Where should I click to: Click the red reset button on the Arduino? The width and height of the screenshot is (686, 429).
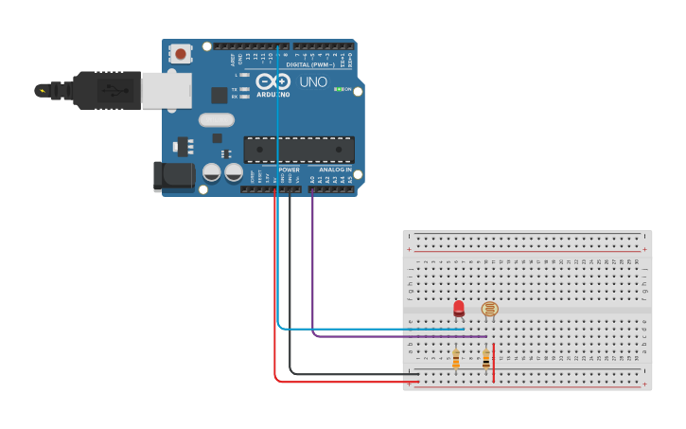[181, 54]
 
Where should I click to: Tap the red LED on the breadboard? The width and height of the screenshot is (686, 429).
[459, 308]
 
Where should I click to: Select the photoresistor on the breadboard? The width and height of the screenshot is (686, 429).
[489, 309]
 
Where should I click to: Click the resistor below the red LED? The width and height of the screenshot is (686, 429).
[456, 359]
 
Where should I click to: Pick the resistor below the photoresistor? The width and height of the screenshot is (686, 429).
[486, 359]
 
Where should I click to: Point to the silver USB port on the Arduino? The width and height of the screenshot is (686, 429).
[167, 90]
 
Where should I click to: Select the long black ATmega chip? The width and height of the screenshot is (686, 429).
[299, 150]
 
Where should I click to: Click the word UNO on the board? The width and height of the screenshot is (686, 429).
[313, 82]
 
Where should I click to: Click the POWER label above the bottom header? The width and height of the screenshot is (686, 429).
[289, 170]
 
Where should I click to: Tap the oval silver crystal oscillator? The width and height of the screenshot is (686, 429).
[217, 120]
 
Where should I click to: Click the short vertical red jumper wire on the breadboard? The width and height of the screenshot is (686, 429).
[494, 363]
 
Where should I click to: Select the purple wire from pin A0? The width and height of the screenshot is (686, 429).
[313, 265]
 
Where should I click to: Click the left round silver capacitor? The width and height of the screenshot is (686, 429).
[212, 172]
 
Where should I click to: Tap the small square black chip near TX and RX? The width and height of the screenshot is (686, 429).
[219, 95]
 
